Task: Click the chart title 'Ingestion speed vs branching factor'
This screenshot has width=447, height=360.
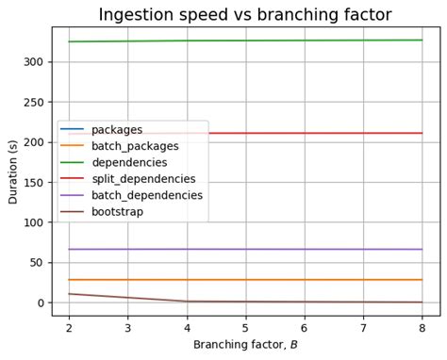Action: pos(245,14)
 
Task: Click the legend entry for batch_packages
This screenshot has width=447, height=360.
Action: pos(137,146)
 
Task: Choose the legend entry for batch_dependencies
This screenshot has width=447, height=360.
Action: pos(146,195)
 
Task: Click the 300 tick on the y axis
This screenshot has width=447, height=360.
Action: pos(33,62)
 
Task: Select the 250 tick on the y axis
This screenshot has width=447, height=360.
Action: pos(33,102)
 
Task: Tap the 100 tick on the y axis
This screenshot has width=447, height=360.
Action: pos(33,222)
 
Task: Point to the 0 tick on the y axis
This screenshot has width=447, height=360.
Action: pos(39,303)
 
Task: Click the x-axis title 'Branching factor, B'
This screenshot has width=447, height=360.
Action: pos(245,346)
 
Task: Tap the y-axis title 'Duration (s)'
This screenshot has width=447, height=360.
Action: pos(13,172)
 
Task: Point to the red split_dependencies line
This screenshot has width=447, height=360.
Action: pos(311,133)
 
